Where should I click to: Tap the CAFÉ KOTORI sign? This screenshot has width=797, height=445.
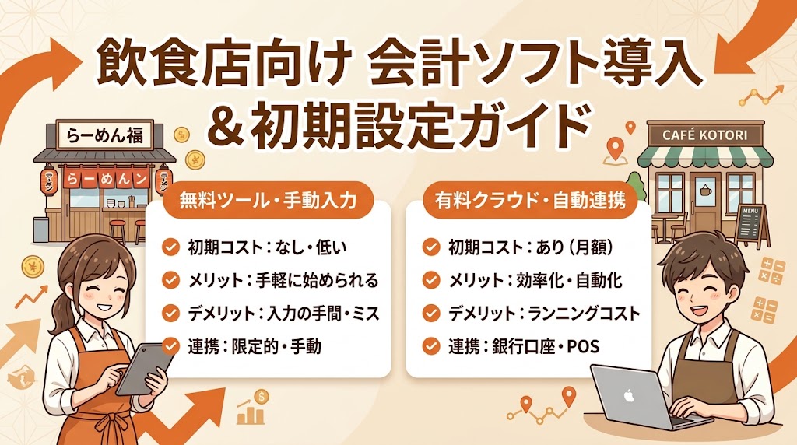click(704, 135)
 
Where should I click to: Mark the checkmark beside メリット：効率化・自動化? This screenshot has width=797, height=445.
click(430, 280)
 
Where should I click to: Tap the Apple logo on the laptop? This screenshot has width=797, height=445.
click(629, 395)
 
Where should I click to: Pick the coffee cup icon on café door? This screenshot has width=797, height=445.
click(707, 191)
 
